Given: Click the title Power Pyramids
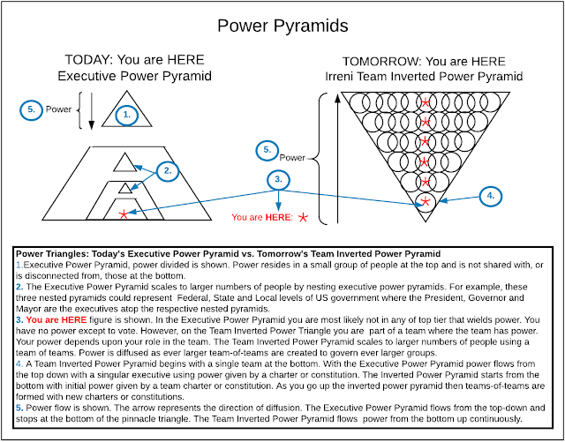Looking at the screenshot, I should click(x=282, y=26).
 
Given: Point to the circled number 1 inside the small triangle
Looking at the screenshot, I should click(x=126, y=114).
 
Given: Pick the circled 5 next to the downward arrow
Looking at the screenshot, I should click(x=32, y=110).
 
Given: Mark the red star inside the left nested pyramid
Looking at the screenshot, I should click(x=122, y=213).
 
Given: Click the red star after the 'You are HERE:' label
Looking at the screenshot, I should click(x=304, y=215).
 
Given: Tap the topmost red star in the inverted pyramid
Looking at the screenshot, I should click(x=426, y=103).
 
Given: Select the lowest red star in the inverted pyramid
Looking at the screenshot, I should click(x=426, y=202).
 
